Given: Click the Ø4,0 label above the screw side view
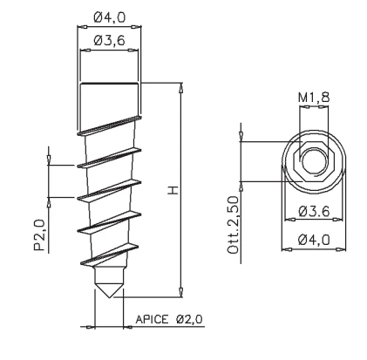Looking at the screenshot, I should (108, 16).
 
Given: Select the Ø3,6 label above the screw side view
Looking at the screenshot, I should (108, 42).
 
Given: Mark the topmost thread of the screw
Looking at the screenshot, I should (108, 128).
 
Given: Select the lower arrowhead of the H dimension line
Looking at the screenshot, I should (180, 295).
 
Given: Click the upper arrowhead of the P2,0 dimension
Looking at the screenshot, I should (50, 161).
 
